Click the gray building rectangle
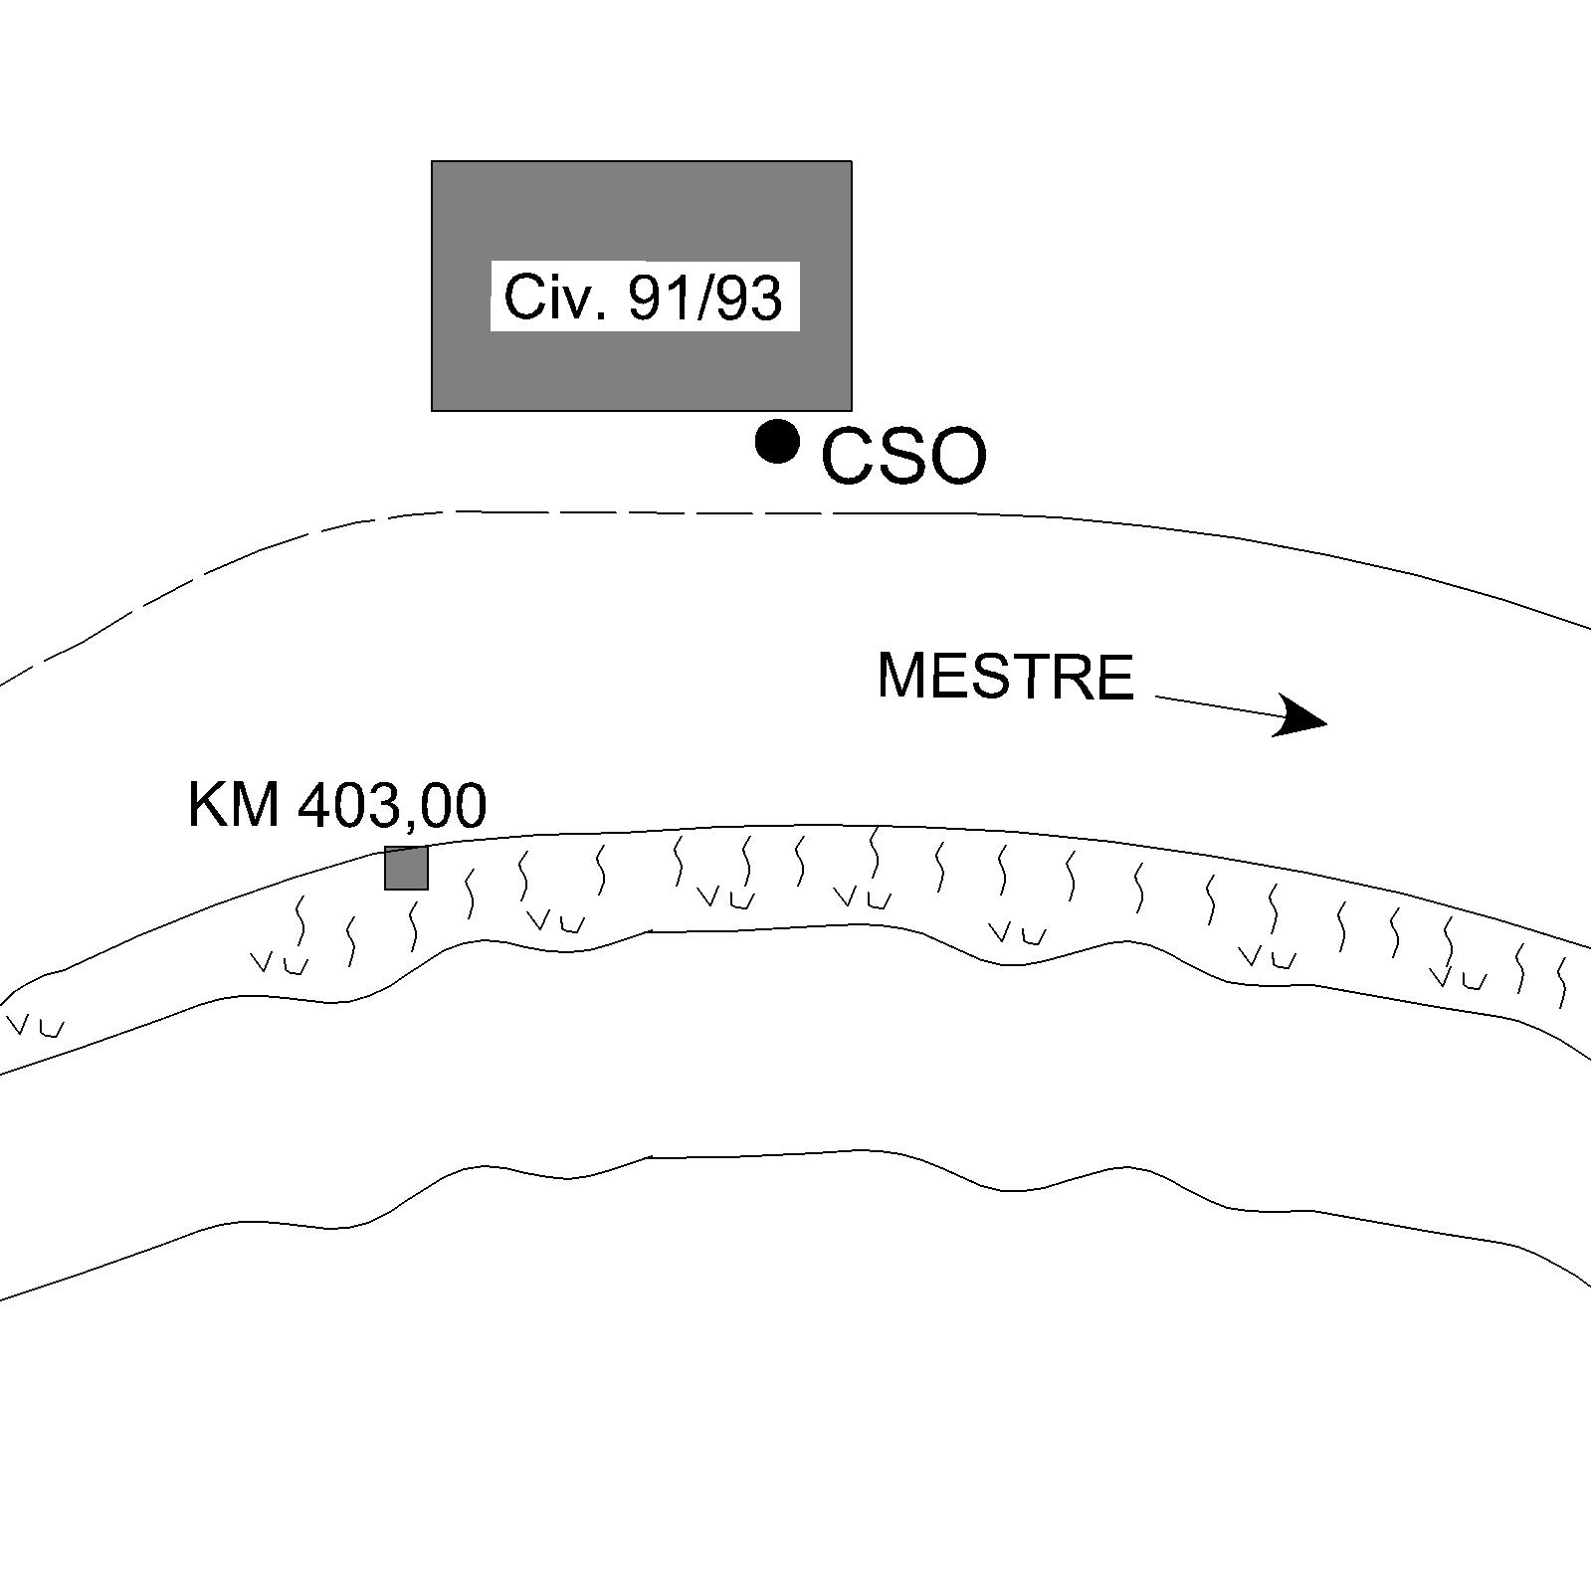point(641,368)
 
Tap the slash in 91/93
point(705,298)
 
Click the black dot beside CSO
point(777,441)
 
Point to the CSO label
point(903,458)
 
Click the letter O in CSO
point(956,458)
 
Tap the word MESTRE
point(1005,677)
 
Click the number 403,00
point(392,804)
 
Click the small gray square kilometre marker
point(406,868)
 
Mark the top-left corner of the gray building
point(432,161)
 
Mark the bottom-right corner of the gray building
point(851,409)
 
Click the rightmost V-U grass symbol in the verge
point(1458,978)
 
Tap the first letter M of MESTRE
point(901,677)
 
